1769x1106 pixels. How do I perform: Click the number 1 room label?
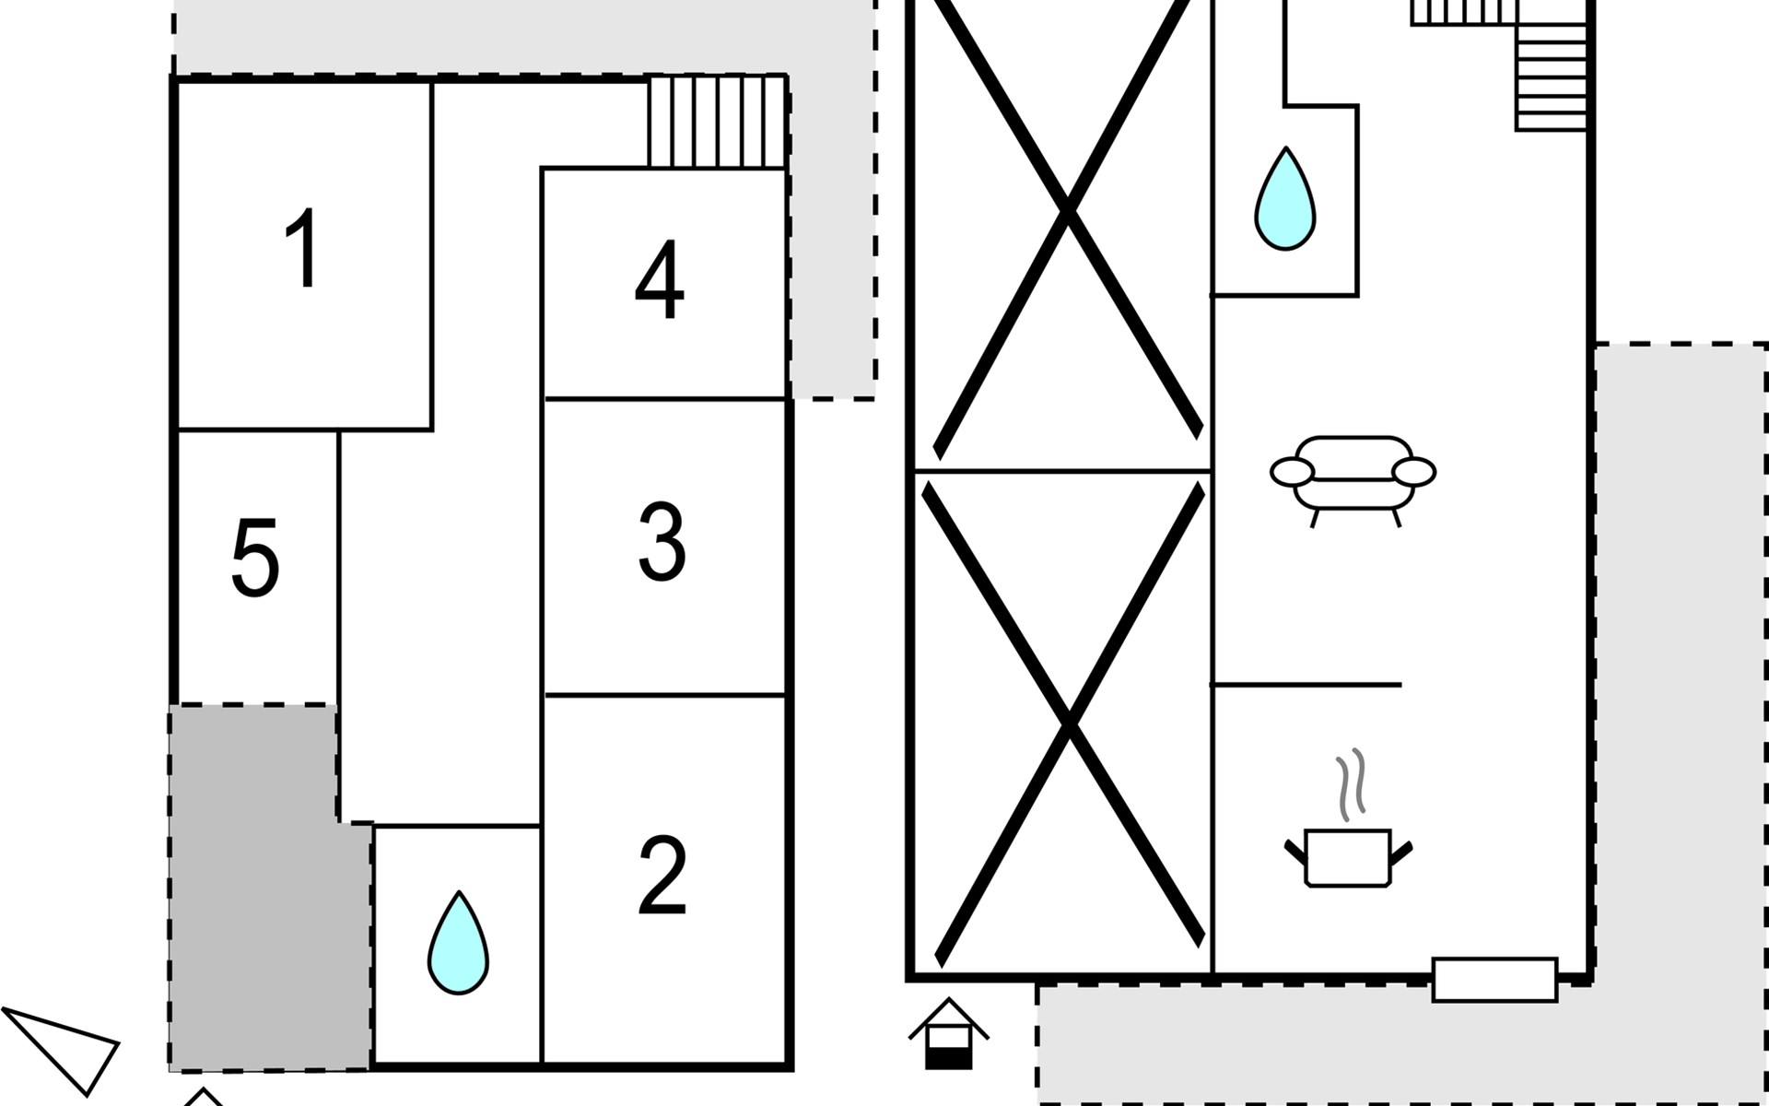tap(302, 249)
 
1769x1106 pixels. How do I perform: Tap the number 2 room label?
tap(662, 876)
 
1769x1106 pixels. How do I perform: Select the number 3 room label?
tap(662, 542)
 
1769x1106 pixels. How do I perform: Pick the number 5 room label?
tap(255, 559)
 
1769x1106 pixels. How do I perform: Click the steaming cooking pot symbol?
tap(1348, 857)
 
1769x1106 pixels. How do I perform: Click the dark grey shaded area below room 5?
tap(267, 912)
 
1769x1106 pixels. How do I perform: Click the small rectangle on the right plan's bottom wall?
tap(1494, 980)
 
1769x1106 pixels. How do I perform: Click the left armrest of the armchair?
tap(1292, 472)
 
